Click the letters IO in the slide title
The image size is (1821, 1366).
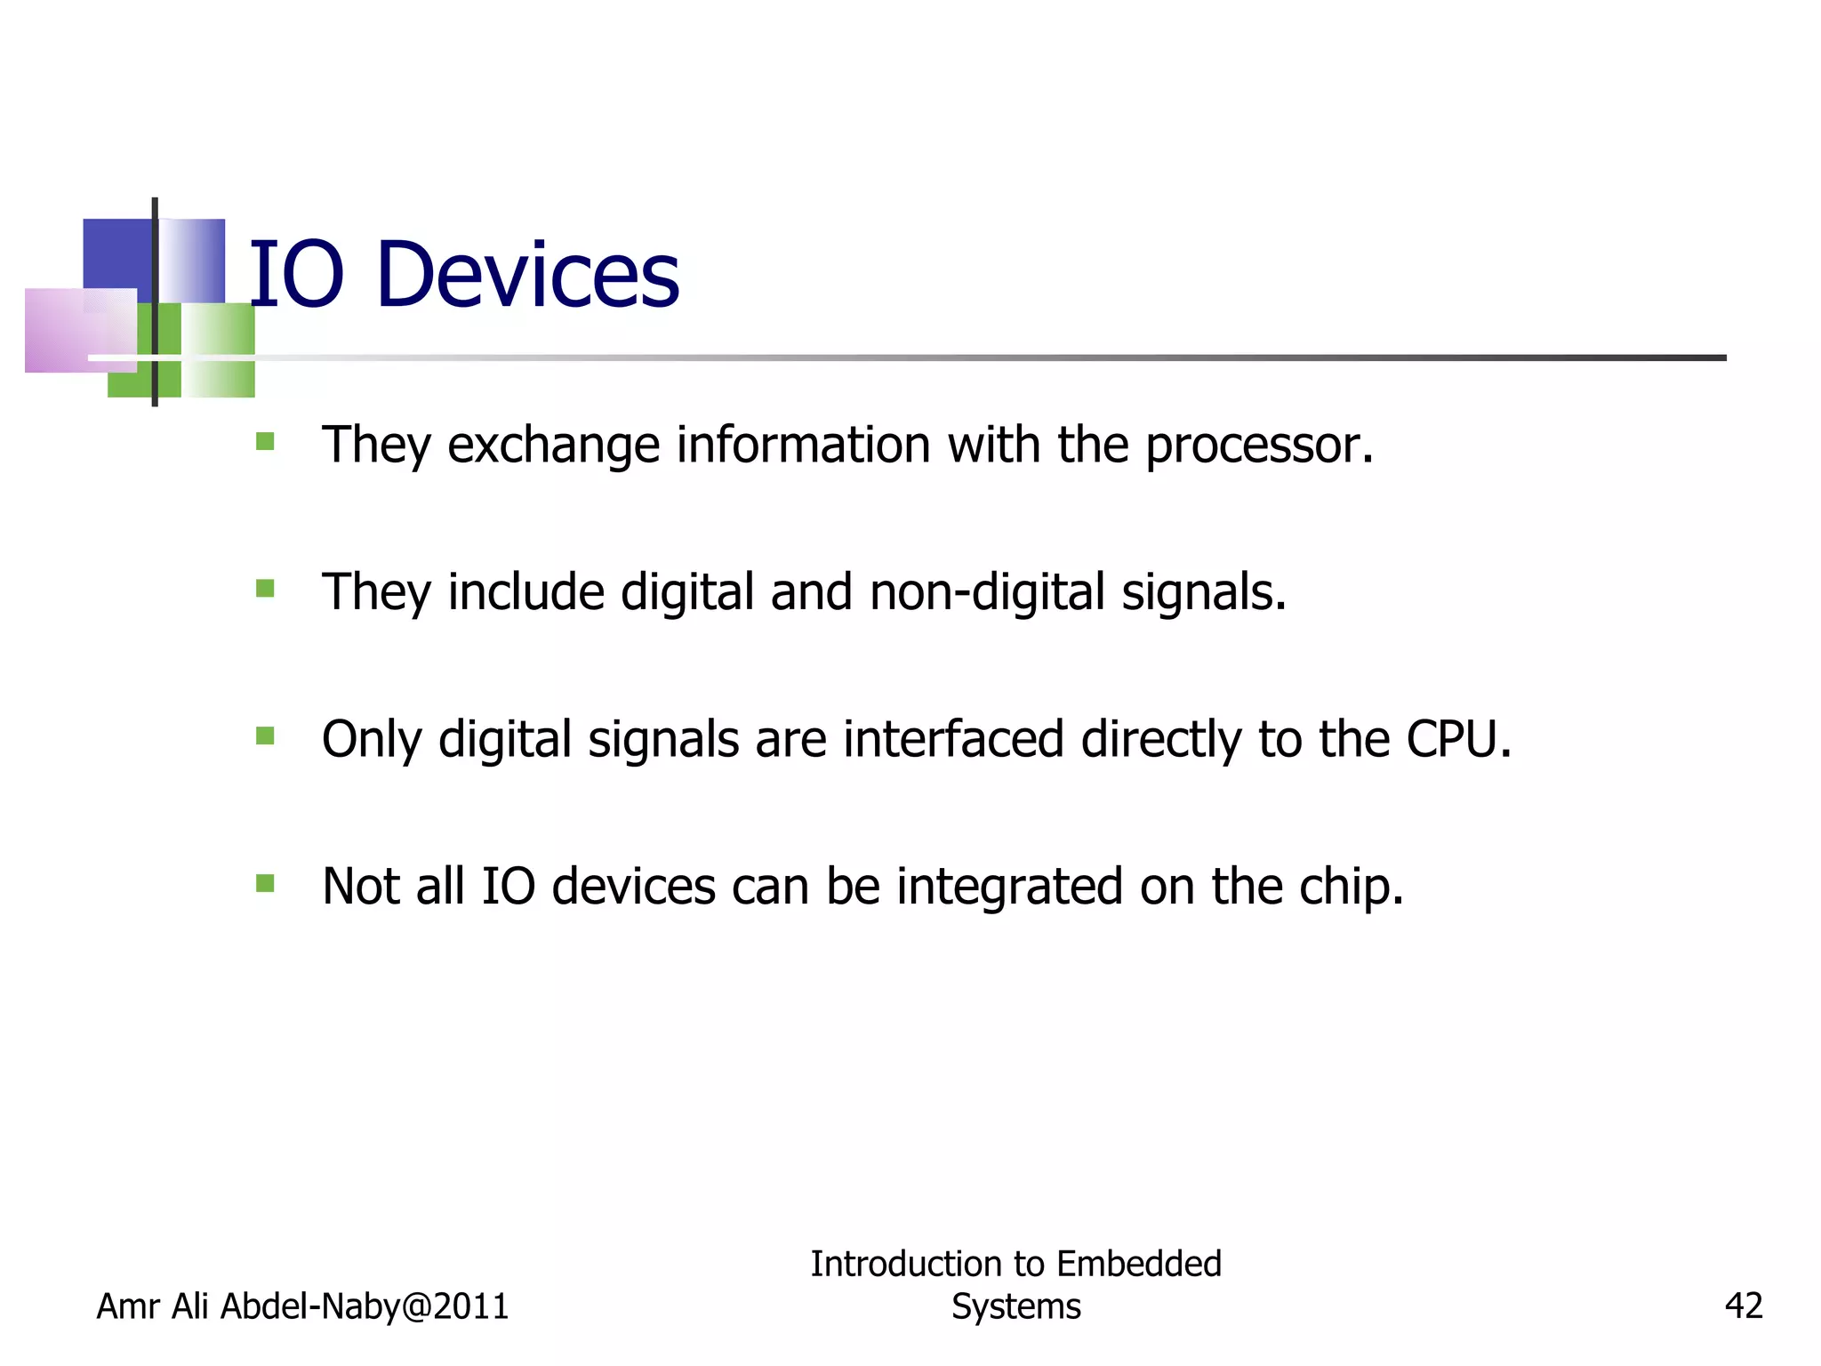[296, 275]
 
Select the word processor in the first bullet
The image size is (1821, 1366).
[1258, 446]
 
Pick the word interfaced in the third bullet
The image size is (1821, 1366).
[953, 739]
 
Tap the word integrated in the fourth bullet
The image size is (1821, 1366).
[1009, 887]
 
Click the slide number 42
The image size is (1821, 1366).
[1744, 1306]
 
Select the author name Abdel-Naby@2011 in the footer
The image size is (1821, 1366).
[365, 1306]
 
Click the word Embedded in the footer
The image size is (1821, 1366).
[1139, 1264]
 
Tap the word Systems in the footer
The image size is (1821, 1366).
[1016, 1306]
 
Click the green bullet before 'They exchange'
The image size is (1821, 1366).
[265, 442]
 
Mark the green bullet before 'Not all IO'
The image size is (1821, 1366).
[265, 883]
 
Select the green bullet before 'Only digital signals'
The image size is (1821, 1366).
[265, 735]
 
